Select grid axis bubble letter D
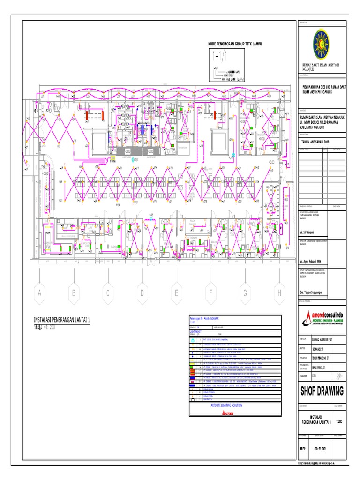coord(142,293)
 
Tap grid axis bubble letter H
coord(279,293)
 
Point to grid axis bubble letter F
coord(211,293)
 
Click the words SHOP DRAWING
coord(322,391)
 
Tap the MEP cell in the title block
coord(302,449)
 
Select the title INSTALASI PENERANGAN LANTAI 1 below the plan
coord(62,319)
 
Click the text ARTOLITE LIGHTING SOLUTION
coord(227,405)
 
